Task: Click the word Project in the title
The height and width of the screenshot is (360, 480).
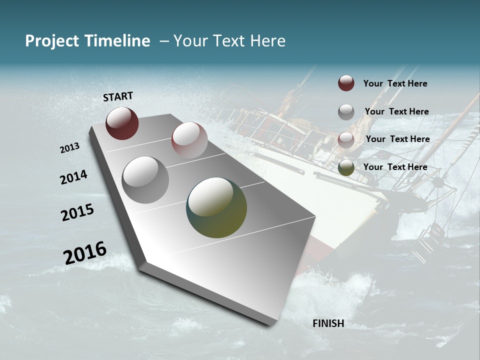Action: coord(51,41)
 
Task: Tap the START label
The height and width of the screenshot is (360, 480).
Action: coord(118,96)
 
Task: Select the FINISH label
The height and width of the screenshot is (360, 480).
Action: coord(328,323)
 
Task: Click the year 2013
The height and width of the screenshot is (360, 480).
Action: coord(69,148)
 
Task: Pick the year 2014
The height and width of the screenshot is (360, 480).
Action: coord(73,177)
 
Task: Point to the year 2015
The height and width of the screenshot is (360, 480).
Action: coord(77,212)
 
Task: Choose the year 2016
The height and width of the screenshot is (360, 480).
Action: coord(85,252)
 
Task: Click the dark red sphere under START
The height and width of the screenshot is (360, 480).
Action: coord(122,123)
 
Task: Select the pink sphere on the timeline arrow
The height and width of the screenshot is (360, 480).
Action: coord(189,140)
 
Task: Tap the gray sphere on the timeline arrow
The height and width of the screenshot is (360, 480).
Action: coord(145,180)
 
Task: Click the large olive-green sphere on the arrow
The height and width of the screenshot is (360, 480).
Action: coord(216,207)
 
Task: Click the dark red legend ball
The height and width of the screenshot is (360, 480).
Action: coord(346,83)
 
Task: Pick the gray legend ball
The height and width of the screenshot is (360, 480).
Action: coord(346,112)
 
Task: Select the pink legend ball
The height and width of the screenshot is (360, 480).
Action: coord(346,140)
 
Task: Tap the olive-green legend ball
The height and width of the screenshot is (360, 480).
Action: coord(346,167)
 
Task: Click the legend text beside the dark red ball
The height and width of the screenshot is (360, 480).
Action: coord(395,83)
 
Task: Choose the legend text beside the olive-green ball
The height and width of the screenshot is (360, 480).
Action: coord(395,167)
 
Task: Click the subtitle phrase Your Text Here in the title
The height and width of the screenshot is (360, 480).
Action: coord(229,41)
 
